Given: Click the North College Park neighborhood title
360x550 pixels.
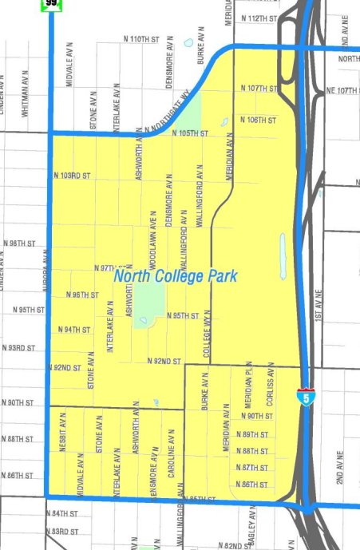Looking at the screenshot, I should click(175, 276).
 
